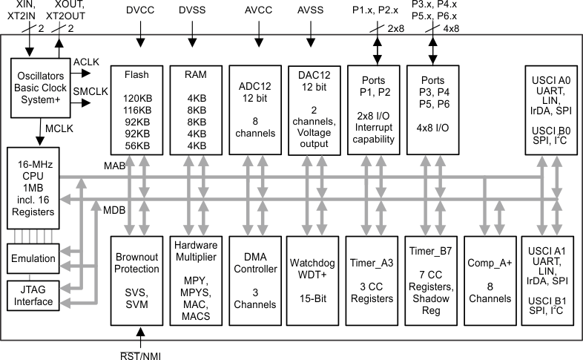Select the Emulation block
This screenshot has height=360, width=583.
point(32,258)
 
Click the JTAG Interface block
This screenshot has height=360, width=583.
point(32,296)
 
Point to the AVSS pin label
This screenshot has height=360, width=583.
point(312,12)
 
